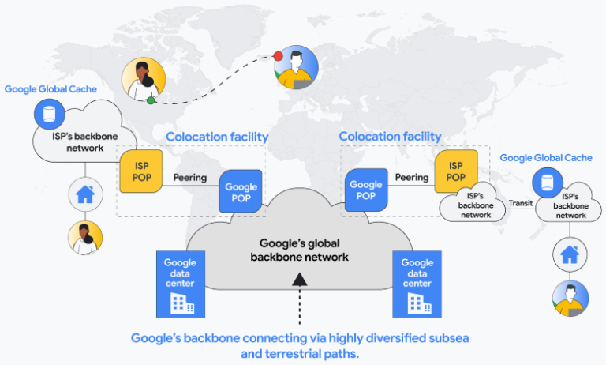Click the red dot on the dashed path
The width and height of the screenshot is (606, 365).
pos(276,56)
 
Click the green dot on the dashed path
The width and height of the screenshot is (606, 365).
pos(151,100)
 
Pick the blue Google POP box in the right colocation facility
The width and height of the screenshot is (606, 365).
pos(365,190)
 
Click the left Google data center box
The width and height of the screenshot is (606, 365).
pos(181,283)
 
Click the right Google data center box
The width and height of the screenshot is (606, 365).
pos(417,283)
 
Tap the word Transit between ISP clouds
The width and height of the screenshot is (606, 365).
pos(521,203)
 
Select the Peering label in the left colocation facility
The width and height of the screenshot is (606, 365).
pos(190,178)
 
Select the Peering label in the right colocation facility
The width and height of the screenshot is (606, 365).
pos(411,178)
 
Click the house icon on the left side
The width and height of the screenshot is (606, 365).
pos(84,194)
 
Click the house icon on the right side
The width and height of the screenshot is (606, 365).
pos(569,254)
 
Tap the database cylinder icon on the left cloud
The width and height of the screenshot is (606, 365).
pos(49,113)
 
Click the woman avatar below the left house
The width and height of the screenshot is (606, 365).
pos(85,239)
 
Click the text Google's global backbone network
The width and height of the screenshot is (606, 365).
pos(299,250)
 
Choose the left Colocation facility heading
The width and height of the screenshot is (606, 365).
pos(217,137)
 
